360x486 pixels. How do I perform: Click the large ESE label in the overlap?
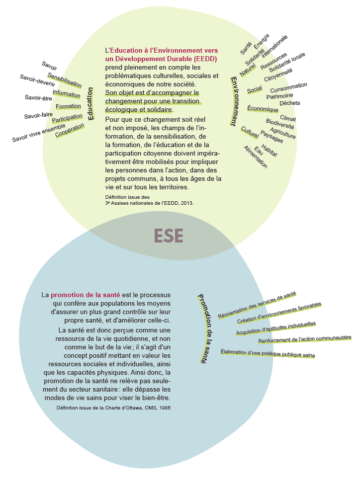coord(169,235)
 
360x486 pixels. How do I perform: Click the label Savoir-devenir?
coord(37,80)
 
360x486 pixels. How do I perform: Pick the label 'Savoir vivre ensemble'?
coord(39,133)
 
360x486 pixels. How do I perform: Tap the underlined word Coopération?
coord(70,130)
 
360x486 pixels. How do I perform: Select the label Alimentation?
coord(256,158)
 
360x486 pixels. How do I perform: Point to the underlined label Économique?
coord(263,109)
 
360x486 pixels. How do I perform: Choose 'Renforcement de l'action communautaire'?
coord(305,339)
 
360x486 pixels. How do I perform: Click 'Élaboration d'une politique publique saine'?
coord(268,353)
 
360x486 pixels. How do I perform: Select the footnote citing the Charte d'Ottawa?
coord(114,407)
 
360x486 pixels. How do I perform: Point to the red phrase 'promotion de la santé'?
coord(85,295)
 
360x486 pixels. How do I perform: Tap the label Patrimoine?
coord(279,95)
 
